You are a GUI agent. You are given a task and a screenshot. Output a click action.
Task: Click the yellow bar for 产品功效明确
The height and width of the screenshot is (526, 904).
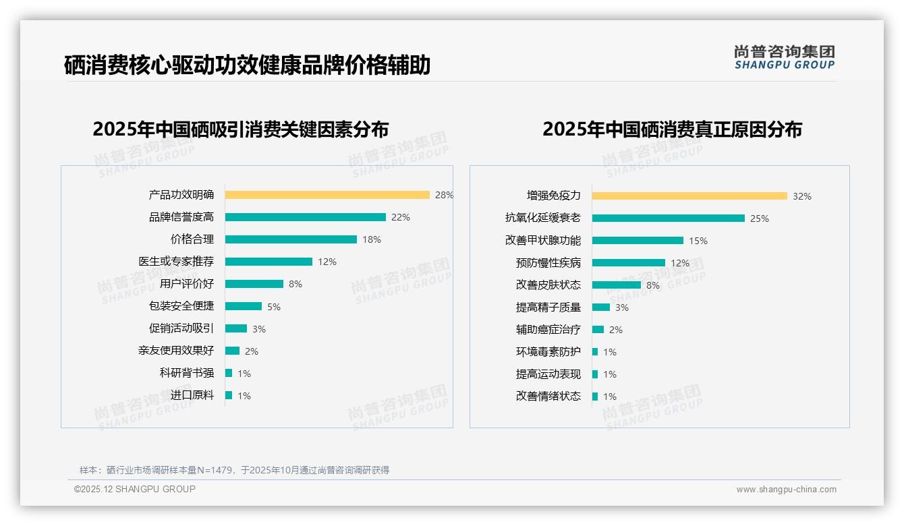[x=327, y=195]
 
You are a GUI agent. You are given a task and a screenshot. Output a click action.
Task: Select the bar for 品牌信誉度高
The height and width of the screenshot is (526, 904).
[x=305, y=217]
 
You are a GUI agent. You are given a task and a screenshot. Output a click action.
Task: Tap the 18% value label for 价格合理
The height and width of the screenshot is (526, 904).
[x=372, y=239]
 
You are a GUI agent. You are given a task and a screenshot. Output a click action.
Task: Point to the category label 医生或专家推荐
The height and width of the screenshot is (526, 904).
[x=176, y=262]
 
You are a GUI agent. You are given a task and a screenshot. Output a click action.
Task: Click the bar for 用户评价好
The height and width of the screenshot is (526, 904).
[x=254, y=284]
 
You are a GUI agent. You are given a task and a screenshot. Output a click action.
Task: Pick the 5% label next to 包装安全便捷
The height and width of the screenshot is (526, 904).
[x=274, y=307]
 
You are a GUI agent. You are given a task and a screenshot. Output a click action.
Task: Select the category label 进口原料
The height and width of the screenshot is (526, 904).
[x=192, y=395]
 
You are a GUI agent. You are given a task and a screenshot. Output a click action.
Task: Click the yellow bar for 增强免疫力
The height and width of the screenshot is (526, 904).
[x=689, y=196]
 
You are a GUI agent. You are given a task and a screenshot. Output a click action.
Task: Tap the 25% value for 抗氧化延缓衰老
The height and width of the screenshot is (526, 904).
[x=760, y=218]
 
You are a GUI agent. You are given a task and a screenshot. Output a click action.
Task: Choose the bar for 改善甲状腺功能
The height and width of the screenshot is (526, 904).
[x=638, y=241]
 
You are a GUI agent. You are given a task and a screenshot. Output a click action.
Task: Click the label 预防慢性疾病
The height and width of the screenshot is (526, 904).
[x=548, y=263]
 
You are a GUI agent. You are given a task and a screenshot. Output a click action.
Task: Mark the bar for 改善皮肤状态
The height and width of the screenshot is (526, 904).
[x=616, y=285]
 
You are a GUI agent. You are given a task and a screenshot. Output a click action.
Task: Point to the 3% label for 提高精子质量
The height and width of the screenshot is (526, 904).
[x=622, y=308]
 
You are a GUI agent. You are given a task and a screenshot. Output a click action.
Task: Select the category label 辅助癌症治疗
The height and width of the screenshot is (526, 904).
[x=548, y=330]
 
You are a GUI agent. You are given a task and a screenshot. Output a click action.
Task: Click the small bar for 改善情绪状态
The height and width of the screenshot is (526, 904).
[x=595, y=397]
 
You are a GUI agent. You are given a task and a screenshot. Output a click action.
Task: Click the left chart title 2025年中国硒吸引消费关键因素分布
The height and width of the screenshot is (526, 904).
[x=241, y=129]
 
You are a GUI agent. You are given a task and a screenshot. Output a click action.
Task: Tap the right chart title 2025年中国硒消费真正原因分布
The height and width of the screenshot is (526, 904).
[x=672, y=129]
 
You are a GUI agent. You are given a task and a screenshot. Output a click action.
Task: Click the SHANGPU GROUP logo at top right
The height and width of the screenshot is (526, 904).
[x=784, y=57]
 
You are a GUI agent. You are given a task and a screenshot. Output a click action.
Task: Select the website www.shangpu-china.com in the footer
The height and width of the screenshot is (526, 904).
[x=786, y=490]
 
